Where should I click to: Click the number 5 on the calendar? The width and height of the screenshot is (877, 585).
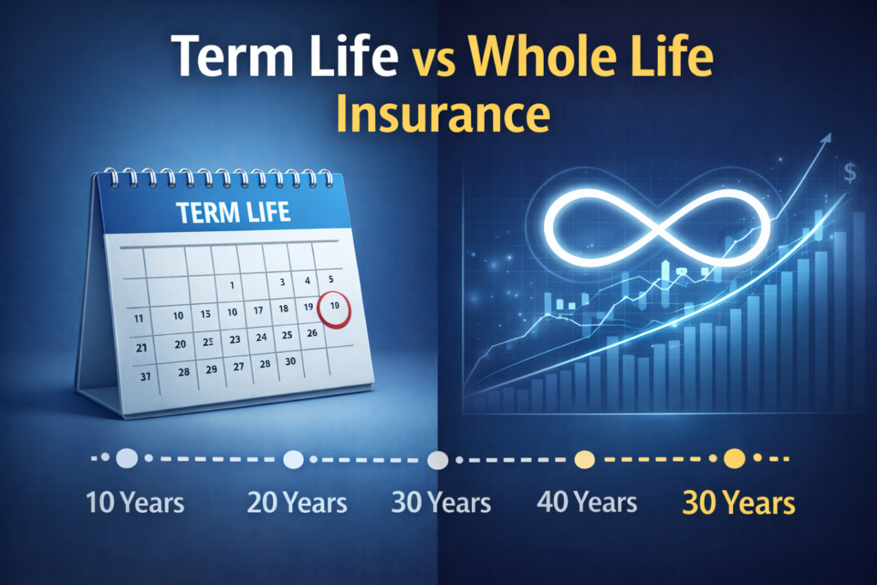pyautogui.click(x=331, y=278)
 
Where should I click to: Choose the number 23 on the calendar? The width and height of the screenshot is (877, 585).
pyautogui.click(x=234, y=339)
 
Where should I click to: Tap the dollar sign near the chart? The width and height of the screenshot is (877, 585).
pyautogui.click(x=850, y=174)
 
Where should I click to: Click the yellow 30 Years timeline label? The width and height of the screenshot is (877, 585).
pyautogui.click(x=738, y=503)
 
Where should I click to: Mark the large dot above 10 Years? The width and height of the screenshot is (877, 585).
pyautogui.click(x=127, y=459)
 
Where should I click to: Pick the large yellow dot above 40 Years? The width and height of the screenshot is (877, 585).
pyautogui.click(x=586, y=460)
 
